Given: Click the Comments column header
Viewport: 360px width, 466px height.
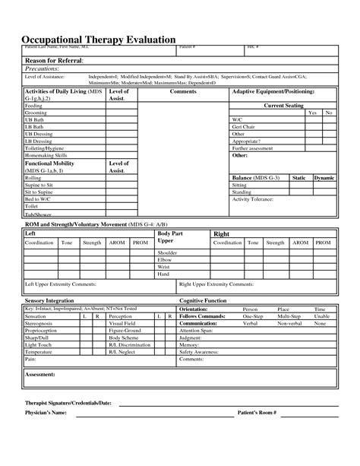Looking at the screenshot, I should (183, 91).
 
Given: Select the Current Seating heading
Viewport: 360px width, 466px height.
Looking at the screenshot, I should (283, 105).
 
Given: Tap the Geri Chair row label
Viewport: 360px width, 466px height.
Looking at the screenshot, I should (245, 126).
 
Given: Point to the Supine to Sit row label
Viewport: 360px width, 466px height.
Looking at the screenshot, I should (40, 185).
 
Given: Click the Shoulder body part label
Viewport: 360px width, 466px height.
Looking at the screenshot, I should (167, 252).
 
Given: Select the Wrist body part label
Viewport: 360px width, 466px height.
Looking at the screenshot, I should (164, 266).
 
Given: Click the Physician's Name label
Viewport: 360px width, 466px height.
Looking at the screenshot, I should (47, 434).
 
